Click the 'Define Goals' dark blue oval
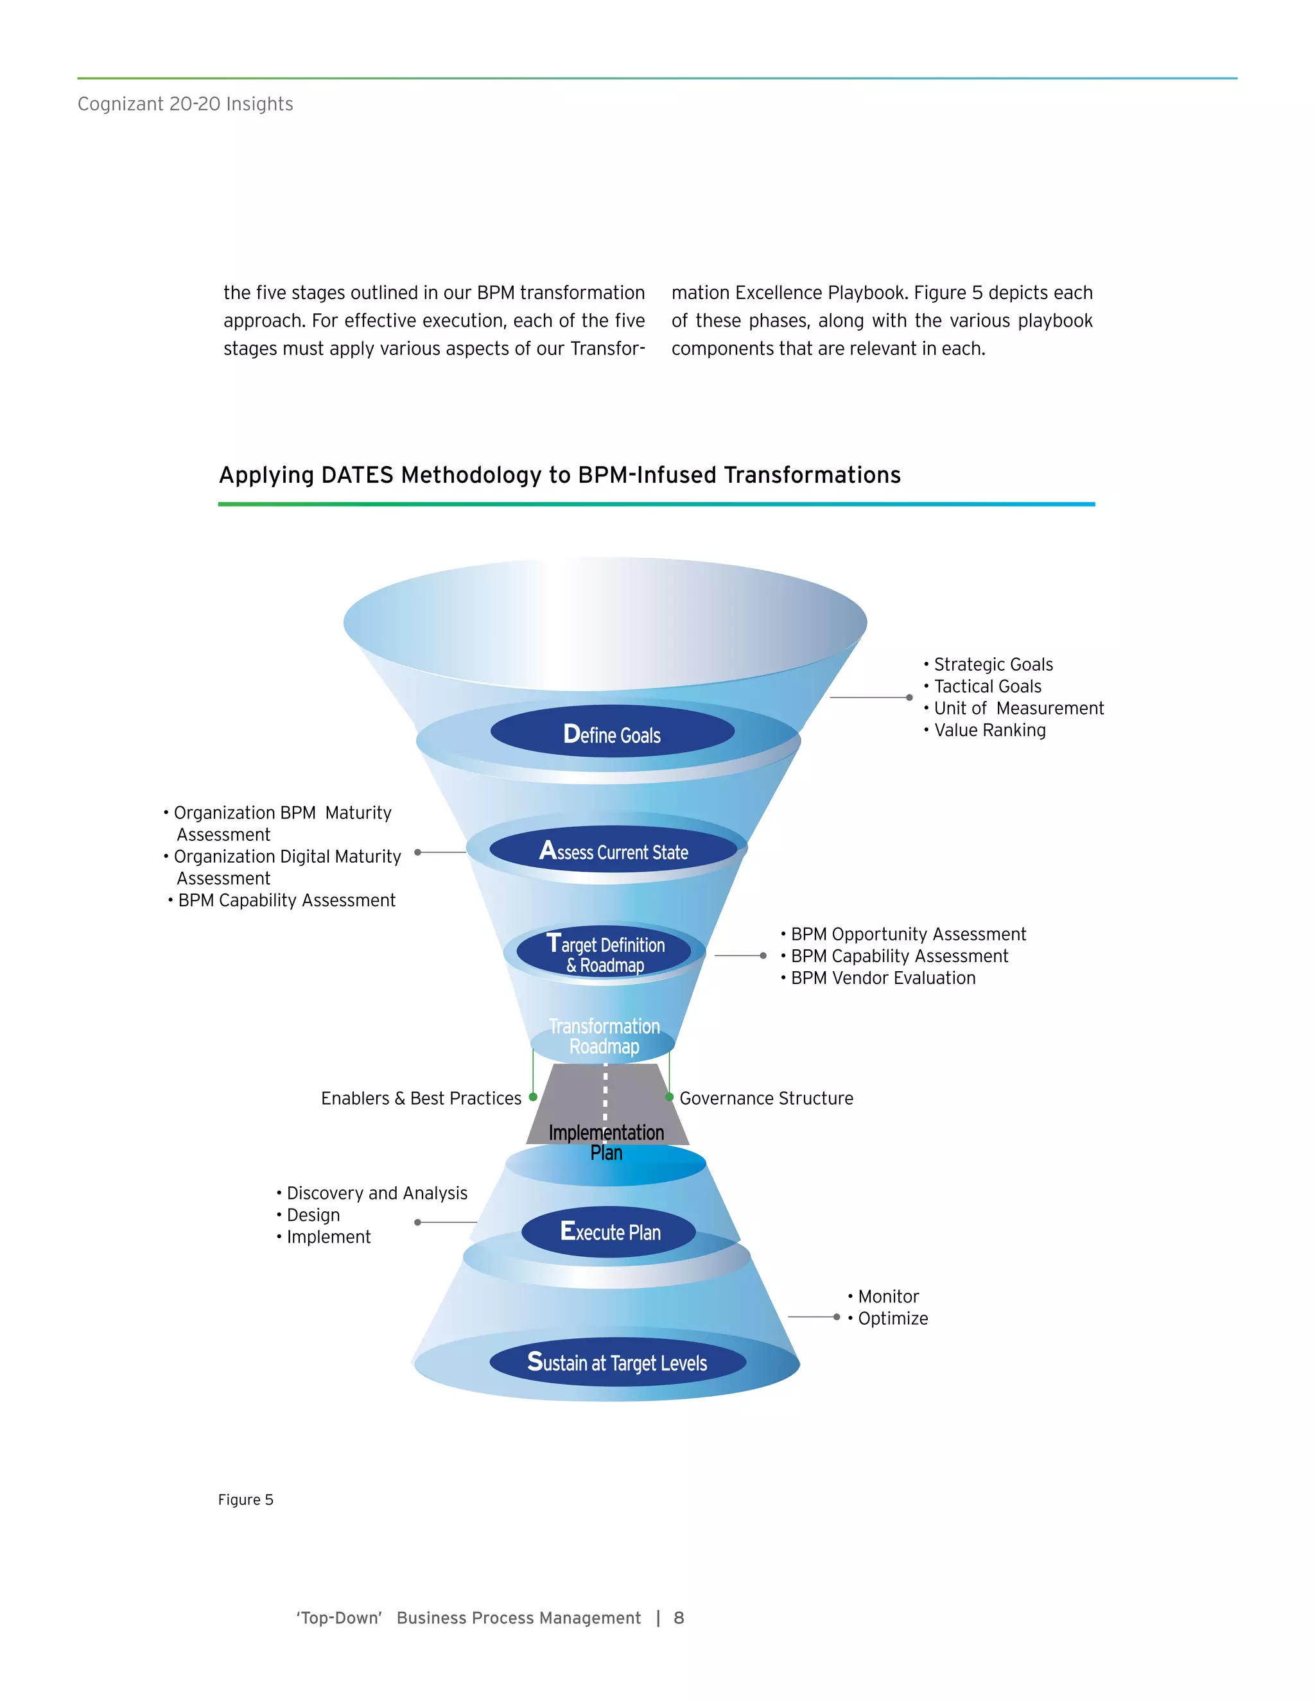(613, 733)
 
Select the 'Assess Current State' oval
(613, 850)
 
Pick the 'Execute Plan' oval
(609, 1231)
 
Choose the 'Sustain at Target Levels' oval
(617, 1361)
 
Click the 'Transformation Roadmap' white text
(604, 1036)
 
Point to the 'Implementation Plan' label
(606, 1142)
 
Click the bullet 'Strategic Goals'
(993, 664)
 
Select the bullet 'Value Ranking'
(989, 730)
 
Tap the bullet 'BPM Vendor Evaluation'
(883, 978)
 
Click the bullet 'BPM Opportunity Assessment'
(907, 934)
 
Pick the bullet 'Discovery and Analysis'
(376, 1193)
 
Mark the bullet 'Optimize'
(892, 1318)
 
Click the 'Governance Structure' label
(766, 1098)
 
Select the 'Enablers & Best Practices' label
(421, 1098)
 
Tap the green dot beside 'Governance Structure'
(669, 1096)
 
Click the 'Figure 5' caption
(245, 1499)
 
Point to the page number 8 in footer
(679, 1618)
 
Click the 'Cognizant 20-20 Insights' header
(186, 103)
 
